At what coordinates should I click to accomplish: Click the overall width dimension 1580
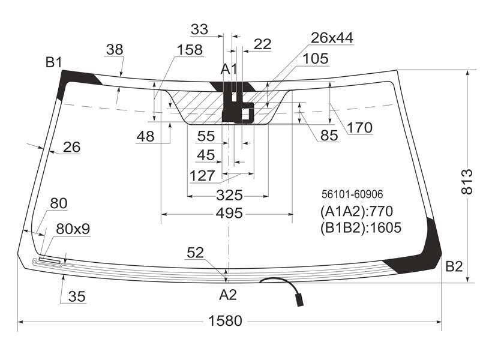[x=225, y=321]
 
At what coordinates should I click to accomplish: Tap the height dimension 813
[x=467, y=182]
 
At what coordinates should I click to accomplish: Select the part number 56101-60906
[x=352, y=194]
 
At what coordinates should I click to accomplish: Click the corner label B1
[x=54, y=62]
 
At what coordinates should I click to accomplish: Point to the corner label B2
[x=454, y=266]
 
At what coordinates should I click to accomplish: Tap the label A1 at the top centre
[x=229, y=69]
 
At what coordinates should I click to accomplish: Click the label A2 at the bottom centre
[x=228, y=295]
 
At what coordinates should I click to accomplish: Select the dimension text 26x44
[x=332, y=38]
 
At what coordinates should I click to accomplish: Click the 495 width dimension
[x=229, y=213]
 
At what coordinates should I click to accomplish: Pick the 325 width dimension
[x=229, y=195]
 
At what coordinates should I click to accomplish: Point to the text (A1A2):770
[x=356, y=211]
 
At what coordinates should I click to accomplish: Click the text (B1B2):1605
[x=361, y=227]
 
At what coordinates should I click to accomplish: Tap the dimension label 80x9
[x=73, y=229]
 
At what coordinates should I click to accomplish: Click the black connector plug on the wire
[x=299, y=300]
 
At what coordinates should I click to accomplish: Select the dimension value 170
[x=359, y=127]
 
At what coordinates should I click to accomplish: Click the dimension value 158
[x=190, y=50]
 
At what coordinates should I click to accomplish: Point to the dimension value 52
[x=195, y=253]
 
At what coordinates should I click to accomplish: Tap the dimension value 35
[x=77, y=296]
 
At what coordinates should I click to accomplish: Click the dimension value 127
[x=202, y=176]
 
